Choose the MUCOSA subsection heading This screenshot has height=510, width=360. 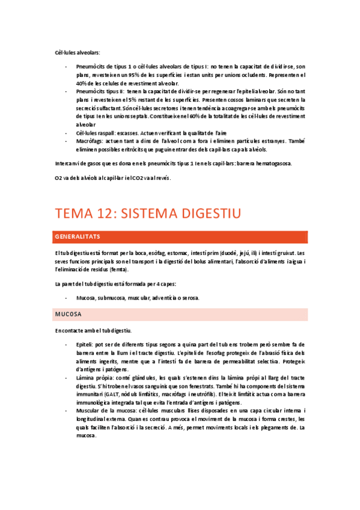[x=68, y=315]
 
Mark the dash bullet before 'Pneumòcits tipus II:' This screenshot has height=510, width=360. [x=66, y=91]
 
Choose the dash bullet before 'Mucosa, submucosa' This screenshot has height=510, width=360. [x=66, y=298]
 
